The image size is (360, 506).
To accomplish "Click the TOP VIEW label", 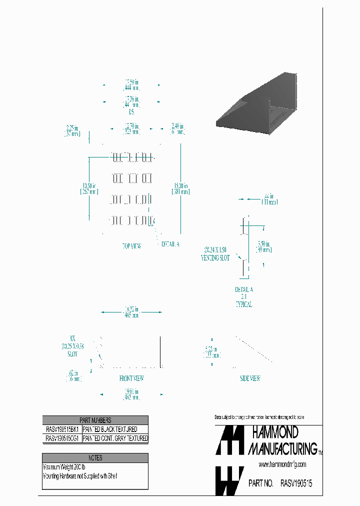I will click(131, 246).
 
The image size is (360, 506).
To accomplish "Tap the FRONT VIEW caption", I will click(131, 378).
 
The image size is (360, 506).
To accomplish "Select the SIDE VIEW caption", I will click(250, 378).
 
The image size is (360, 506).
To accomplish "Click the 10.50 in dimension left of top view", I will click(89, 188).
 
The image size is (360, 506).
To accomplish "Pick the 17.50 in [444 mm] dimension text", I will click(131, 84).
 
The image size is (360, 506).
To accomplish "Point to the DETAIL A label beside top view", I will click(170, 244).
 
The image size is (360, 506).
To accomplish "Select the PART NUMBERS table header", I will click(95, 420).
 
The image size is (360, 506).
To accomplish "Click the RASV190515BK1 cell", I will click(62, 429).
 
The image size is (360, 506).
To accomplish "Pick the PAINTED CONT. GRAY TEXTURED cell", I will click(115, 438).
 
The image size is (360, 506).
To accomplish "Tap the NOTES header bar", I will click(95, 457).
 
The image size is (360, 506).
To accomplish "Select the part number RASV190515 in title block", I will click(296, 483).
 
